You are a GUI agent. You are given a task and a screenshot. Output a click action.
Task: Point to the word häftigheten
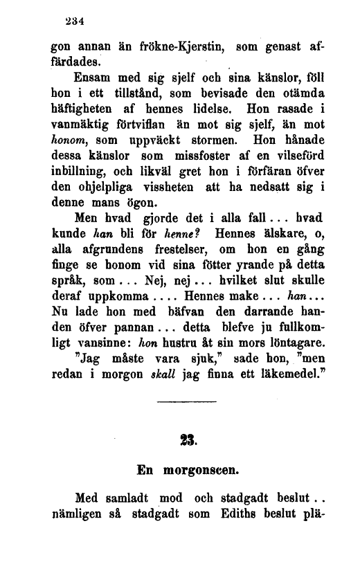[x=89, y=108]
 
